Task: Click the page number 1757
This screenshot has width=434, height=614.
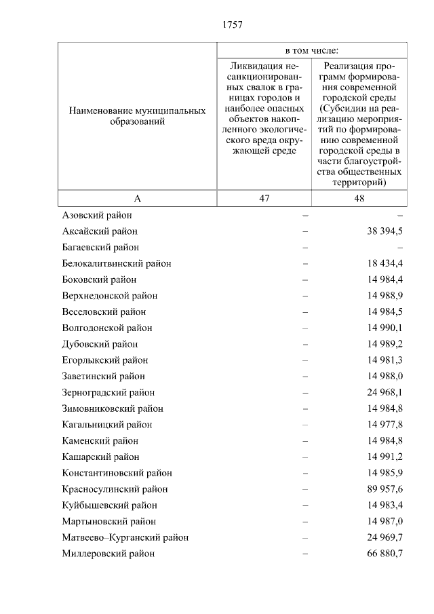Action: [232, 24]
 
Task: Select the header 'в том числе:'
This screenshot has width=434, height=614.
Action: [312, 51]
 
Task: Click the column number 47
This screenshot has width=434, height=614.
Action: [264, 198]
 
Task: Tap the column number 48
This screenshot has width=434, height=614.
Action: [359, 198]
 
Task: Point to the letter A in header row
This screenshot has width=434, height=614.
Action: [137, 198]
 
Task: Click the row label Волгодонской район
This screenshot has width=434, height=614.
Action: [107, 328]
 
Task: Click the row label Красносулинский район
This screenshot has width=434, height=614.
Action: [115, 489]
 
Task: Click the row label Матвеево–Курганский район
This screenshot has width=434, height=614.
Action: [125, 537]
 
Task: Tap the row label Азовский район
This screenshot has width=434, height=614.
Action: [96, 215]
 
